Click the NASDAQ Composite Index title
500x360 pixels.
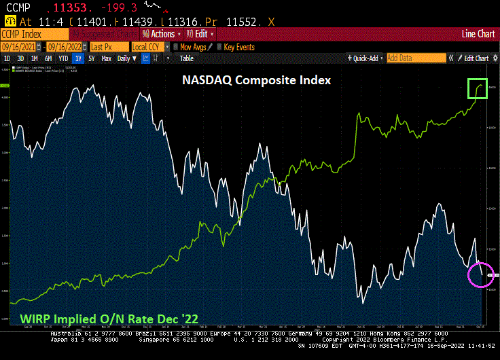256,80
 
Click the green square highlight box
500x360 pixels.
477,88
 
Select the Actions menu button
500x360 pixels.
162,34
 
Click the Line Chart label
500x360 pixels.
478,34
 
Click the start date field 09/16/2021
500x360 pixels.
18,47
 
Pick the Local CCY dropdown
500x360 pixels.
149,47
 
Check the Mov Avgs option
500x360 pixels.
191,47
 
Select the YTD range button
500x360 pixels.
63,58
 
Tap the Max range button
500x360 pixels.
107,58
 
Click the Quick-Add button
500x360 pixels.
365,58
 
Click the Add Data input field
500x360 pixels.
415,58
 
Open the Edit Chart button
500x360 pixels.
474,58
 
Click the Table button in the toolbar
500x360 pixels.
186,58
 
